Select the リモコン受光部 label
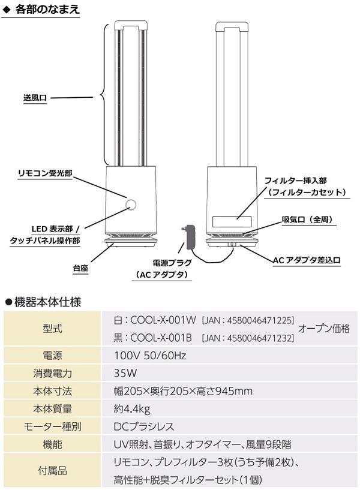pos(44,173)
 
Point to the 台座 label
pos(80,268)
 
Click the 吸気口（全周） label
pos(307,220)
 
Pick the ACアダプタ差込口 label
pos(307,260)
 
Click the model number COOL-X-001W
pos(163,321)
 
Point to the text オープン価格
pos(324,329)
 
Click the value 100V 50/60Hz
pos(149,356)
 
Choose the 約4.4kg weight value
pos(132,409)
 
